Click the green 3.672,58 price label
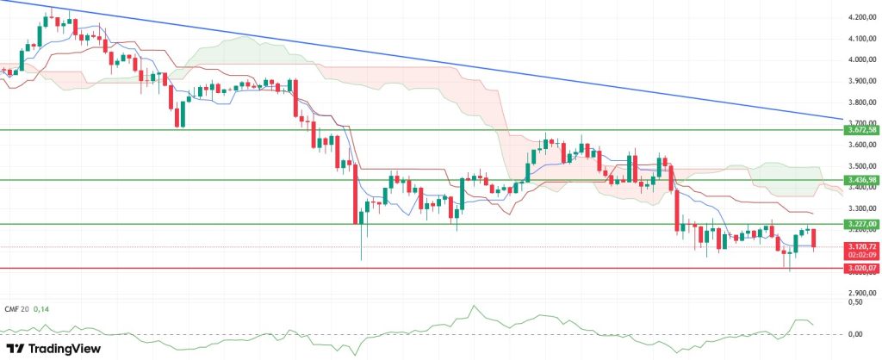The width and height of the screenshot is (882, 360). click(861, 130)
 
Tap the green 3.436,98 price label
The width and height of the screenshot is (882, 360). click(861, 180)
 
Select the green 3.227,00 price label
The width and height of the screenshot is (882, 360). click(861, 224)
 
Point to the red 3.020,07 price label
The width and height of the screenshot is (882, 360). click(861, 268)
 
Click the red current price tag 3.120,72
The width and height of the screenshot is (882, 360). click(861, 246)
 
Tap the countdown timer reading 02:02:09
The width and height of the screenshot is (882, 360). click(861, 255)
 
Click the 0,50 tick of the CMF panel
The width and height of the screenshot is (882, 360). click(854, 302)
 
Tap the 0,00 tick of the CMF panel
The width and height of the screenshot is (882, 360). click(854, 334)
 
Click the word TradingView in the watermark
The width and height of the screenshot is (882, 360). click(65, 349)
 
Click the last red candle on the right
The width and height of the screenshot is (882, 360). click(815, 239)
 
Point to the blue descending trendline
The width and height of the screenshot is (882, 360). click(431, 60)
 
